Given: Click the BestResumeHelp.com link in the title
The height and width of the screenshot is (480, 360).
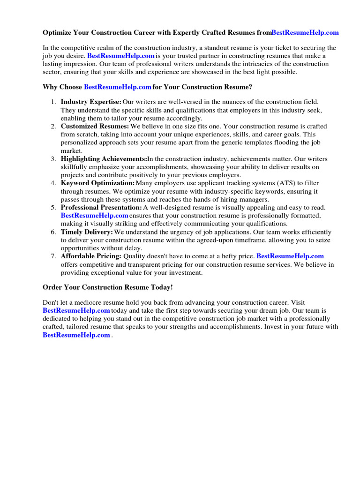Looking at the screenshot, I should (x=305, y=33).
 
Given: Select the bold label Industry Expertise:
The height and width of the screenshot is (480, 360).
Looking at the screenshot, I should (x=91, y=102).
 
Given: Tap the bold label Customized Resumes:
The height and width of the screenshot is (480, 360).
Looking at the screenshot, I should (x=95, y=127).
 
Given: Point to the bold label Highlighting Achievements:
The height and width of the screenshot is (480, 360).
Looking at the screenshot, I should (x=104, y=159).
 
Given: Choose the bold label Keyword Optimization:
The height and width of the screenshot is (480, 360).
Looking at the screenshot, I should (x=97, y=183).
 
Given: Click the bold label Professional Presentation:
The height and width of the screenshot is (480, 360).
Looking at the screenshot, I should (x=101, y=207).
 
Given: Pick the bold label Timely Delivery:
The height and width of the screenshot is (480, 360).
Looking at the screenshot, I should (x=87, y=232).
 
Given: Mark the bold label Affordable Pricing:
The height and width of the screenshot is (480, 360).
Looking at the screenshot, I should (x=91, y=256).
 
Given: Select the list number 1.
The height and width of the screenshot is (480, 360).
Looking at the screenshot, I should (x=54, y=102).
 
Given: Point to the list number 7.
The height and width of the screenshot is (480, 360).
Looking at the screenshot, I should (x=54, y=256).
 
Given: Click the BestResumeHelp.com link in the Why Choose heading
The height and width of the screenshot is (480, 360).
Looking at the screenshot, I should (x=117, y=87).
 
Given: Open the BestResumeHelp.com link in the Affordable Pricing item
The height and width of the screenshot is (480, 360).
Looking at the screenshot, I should (x=290, y=256).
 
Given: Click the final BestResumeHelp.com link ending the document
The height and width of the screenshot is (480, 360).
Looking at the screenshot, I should (x=76, y=335).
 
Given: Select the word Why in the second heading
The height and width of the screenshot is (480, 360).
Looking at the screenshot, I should (x=50, y=87).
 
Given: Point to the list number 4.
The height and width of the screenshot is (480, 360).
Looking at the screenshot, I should (x=54, y=183).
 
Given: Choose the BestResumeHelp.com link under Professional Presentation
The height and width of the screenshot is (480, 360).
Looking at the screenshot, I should (x=94, y=216).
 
